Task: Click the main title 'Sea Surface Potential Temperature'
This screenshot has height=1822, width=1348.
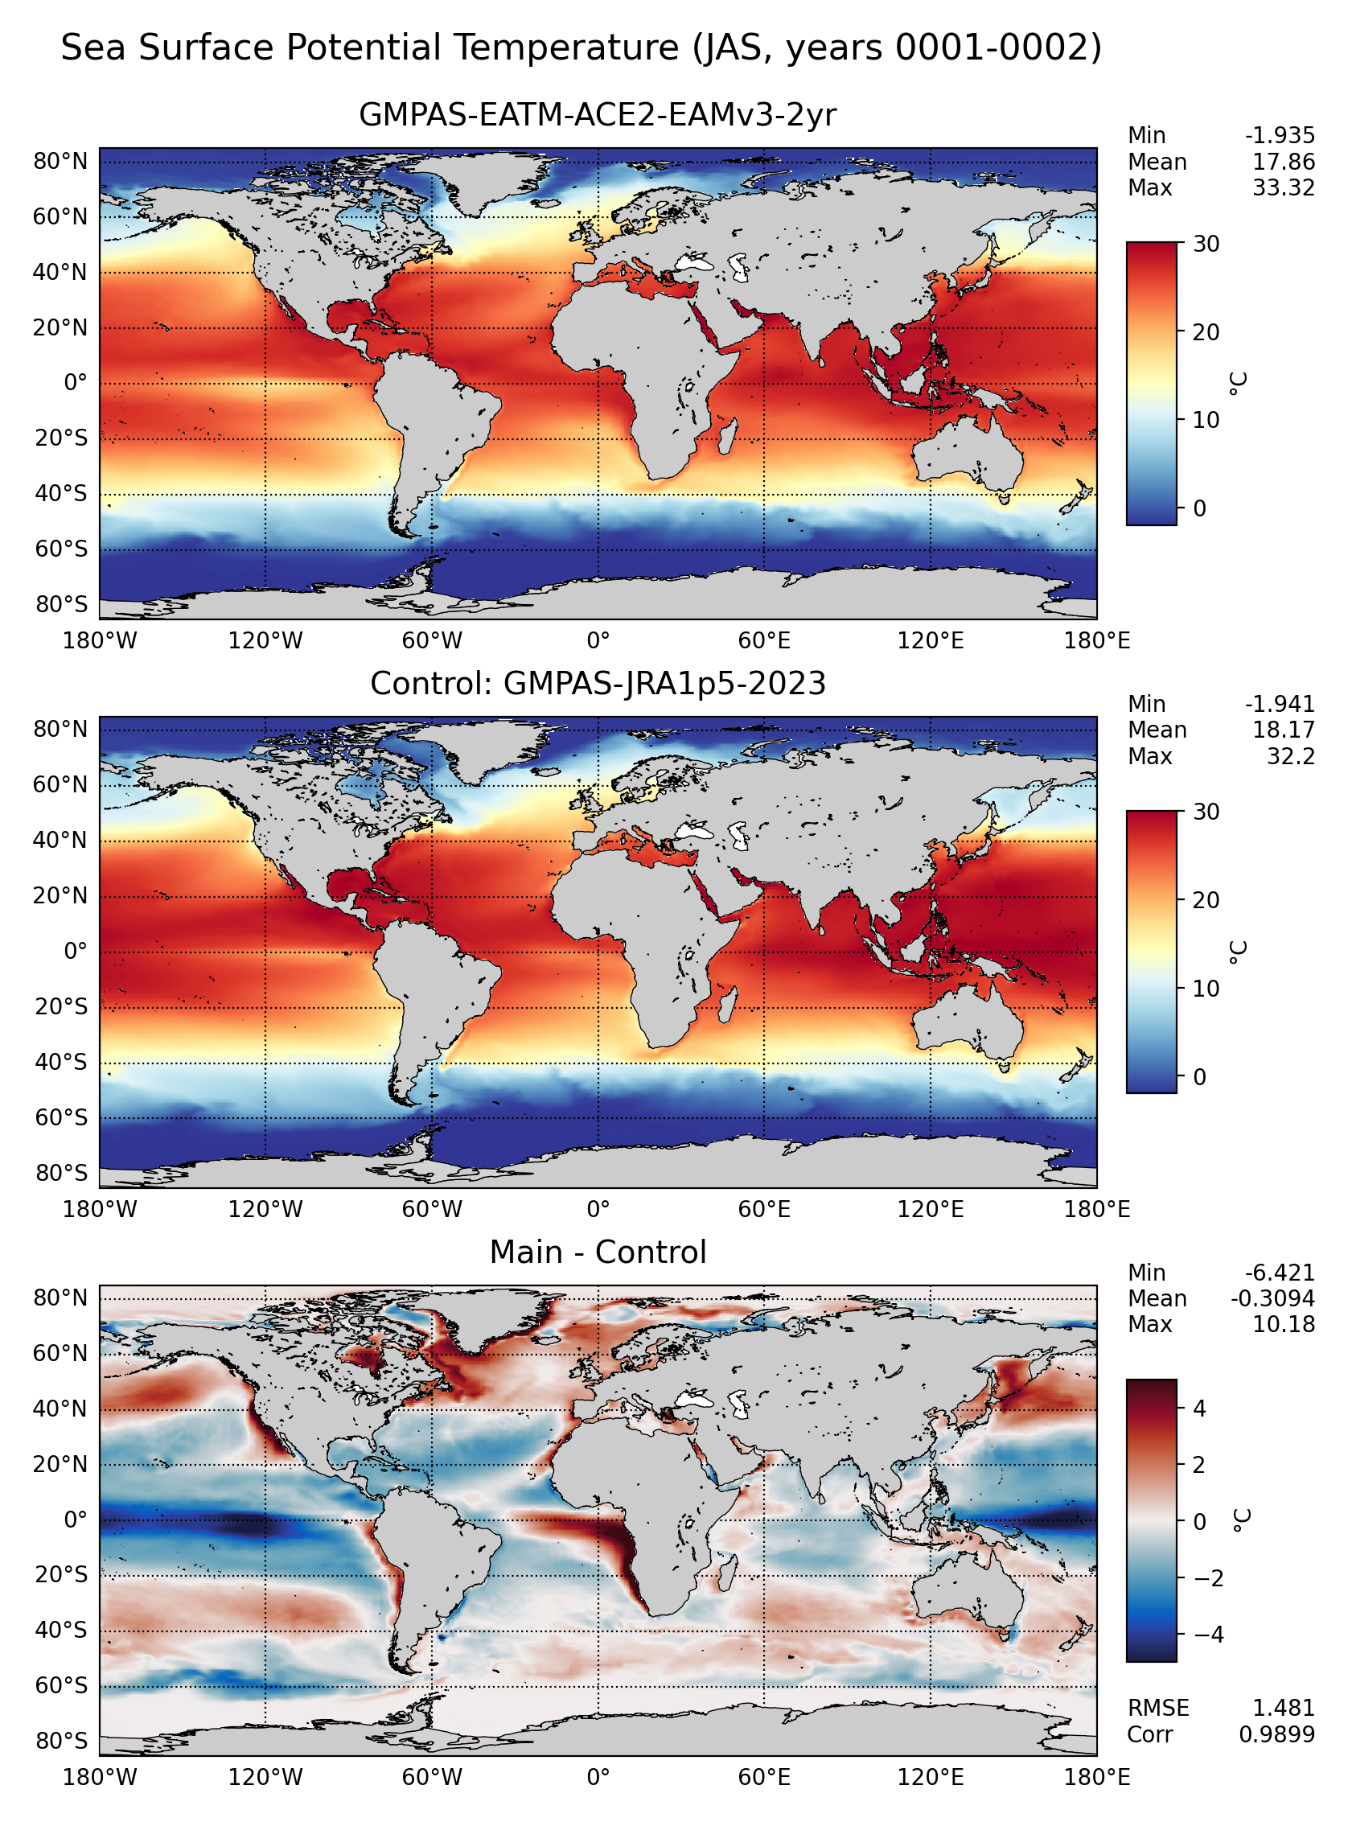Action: click(370, 47)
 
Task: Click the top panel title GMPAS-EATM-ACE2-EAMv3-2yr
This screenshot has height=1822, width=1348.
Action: click(598, 115)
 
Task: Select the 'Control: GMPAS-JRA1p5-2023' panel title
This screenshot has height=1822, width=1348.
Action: click(598, 683)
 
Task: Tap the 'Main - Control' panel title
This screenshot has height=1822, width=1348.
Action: click(598, 1252)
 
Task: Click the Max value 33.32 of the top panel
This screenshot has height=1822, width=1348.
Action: click(1284, 188)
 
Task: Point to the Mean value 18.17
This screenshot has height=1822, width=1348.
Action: click(1284, 730)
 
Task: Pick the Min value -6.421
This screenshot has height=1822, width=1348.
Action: click(1280, 1273)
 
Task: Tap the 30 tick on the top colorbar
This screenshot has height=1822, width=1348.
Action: click(1206, 244)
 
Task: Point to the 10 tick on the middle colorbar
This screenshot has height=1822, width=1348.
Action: click(1206, 989)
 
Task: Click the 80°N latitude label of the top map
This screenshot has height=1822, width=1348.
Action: click(60, 162)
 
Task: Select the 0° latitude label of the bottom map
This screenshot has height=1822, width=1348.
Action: click(75, 1520)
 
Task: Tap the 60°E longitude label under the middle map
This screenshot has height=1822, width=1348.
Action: click(764, 1210)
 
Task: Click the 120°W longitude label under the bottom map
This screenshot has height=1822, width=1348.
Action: click(265, 1778)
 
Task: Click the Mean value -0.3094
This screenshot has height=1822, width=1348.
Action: click(1272, 1299)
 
